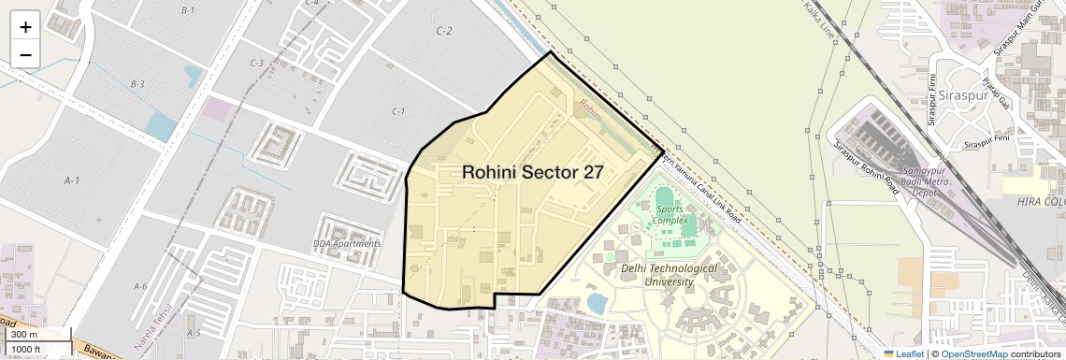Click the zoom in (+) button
tap(25, 27)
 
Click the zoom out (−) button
tap(25, 55)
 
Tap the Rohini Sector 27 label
tap(532, 172)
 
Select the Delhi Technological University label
tap(669, 274)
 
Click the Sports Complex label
tap(670, 214)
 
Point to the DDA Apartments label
tap(347, 244)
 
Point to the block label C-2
tap(444, 31)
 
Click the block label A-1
tap(71, 180)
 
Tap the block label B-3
tap(137, 84)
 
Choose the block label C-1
tap(398, 111)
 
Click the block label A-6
tap(140, 286)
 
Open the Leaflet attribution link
tap(903, 353)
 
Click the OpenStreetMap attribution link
tap(973, 353)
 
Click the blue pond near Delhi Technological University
tap(596, 303)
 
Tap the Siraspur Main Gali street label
tap(1016, 34)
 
